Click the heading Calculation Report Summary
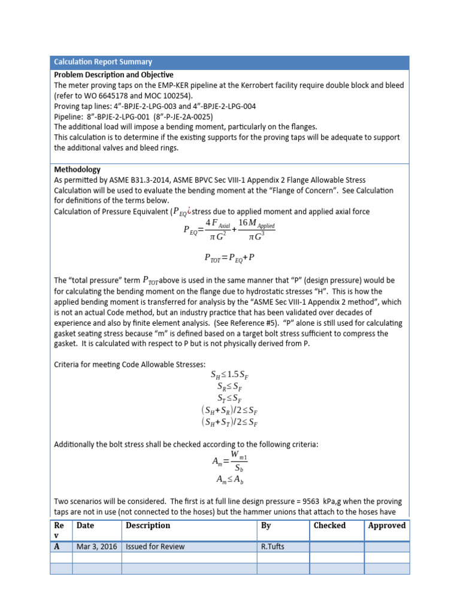click(103, 62)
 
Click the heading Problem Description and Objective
click(114, 75)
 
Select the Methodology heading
click(77, 169)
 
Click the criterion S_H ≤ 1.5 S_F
click(230, 375)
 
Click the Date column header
click(85, 525)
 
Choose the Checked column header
click(330, 525)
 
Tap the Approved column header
click(386, 525)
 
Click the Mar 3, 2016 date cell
click(96, 547)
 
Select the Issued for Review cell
click(155, 547)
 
